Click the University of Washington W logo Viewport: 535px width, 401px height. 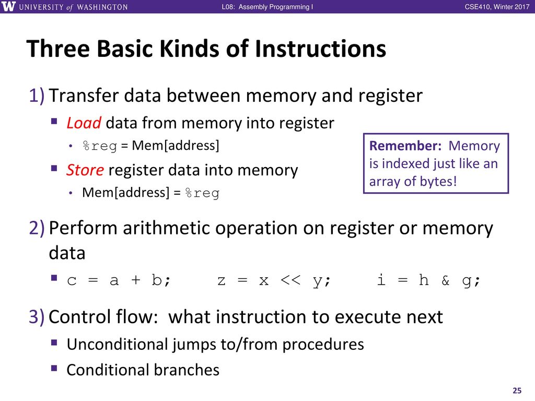point(8,6)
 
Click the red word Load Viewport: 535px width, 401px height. point(84,123)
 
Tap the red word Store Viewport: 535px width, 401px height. point(85,170)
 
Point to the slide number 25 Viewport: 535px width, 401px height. point(517,391)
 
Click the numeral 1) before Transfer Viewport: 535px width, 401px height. point(37,96)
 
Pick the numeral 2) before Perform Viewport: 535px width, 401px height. point(37,228)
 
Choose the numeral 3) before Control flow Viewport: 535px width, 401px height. point(37,317)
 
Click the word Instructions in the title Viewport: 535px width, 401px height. point(320,49)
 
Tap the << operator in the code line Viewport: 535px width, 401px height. point(290,280)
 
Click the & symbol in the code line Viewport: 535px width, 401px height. point(445,280)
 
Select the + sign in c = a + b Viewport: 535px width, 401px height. point(136,280)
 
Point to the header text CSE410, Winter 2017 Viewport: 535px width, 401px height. point(497,7)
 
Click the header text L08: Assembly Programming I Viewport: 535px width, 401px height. point(267,7)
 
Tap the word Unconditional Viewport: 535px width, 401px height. point(118,345)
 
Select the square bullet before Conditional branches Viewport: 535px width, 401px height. point(54,368)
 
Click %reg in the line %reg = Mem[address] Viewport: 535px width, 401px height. point(100,146)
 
